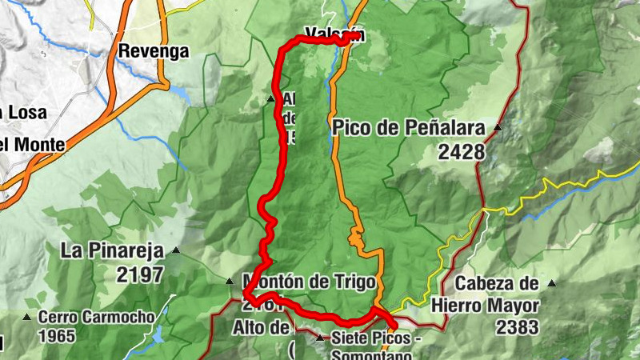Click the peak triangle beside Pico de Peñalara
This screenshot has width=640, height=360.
(x=498, y=128)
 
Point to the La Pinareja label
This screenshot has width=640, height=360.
(x=111, y=251)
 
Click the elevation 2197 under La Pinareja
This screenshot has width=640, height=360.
(x=139, y=275)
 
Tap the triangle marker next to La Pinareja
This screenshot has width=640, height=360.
(x=174, y=251)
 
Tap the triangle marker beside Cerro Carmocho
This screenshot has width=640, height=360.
(x=26, y=318)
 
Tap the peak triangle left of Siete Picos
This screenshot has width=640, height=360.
(x=321, y=339)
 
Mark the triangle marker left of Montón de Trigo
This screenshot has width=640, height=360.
(x=230, y=282)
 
